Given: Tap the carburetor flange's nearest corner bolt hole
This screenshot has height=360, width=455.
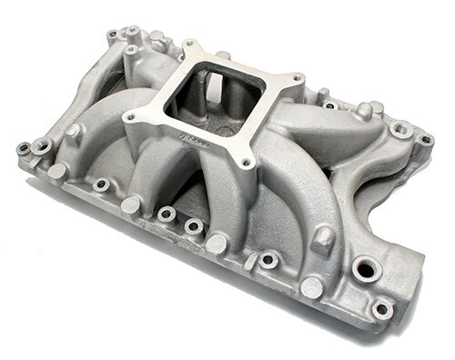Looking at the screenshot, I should pyautogui.click(x=246, y=165).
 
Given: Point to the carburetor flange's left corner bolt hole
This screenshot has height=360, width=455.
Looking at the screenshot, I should pyautogui.click(x=128, y=116).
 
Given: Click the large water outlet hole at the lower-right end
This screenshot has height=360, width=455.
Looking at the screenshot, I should pyautogui.click(x=369, y=268).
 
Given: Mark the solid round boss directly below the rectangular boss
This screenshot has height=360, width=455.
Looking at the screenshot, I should pyautogui.click(x=311, y=287).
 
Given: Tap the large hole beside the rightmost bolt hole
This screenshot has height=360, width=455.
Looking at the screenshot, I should pyautogui.click(x=399, y=130).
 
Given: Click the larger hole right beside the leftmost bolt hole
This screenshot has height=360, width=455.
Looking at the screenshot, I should pyautogui.click(x=41, y=145).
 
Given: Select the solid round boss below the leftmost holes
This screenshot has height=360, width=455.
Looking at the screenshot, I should pyautogui.click(x=56, y=170).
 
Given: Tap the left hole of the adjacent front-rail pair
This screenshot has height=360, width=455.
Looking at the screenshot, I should pyautogui.click(x=167, y=215).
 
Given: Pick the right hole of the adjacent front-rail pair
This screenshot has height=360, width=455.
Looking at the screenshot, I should pyautogui.click(x=193, y=226).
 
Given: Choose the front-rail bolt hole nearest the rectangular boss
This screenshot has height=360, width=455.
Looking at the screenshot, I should pyautogui.click(x=268, y=260).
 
